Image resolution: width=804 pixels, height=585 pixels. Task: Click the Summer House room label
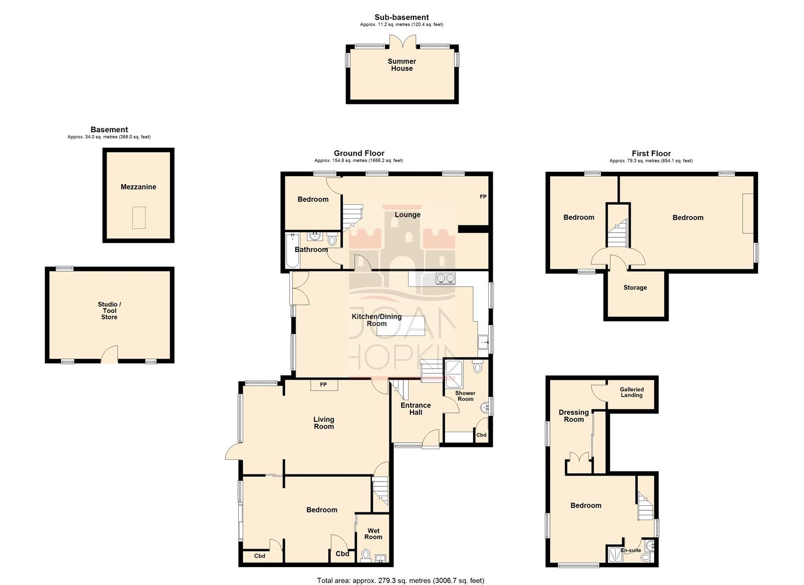point(402,65)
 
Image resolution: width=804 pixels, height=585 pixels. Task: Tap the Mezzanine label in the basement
point(138,187)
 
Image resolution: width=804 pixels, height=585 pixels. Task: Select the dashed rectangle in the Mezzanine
point(139,217)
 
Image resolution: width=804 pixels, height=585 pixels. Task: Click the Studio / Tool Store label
point(109,311)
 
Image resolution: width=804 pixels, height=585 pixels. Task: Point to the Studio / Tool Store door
point(109,355)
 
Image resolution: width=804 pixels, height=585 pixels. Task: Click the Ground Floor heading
point(359,153)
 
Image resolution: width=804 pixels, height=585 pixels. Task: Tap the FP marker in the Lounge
point(483,197)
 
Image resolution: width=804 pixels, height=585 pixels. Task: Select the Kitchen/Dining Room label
point(377,320)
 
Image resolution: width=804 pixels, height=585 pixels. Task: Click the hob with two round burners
point(446,278)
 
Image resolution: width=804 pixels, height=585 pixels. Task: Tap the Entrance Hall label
point(416,408)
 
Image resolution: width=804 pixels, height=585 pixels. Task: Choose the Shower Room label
point(465,396)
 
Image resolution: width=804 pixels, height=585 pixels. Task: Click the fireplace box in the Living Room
point(324,385)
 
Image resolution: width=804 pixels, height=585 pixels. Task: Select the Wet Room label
point(373,534)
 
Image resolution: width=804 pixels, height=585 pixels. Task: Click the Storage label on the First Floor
point(635,288)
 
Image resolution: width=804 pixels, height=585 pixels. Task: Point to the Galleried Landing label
point(632,392)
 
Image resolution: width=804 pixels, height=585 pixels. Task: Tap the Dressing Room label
point(574,416)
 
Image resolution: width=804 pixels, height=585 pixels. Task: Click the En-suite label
point(631,550)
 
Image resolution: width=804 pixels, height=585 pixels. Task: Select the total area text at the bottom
point(401,581)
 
